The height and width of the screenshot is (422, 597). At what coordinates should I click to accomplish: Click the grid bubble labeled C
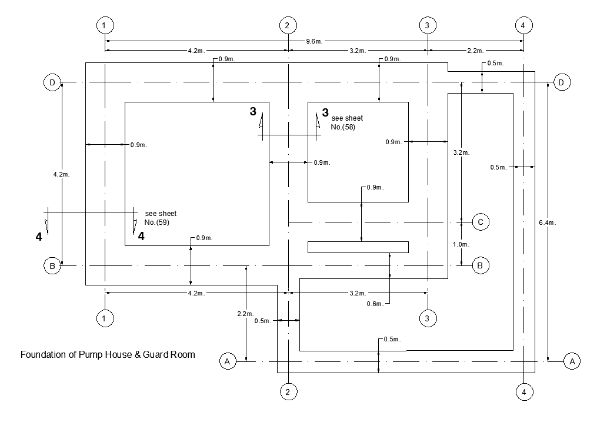(x=480, y=222)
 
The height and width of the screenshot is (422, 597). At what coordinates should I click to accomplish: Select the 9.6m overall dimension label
(x=314, y=41)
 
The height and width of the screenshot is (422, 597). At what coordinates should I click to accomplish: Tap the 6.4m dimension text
(x=546, y=222)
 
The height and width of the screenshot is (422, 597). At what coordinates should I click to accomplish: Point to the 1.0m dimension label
(x=461, y=244)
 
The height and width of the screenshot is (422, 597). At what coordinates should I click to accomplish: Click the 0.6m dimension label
(x=375, y=304)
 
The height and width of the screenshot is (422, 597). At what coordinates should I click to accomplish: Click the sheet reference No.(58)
(x=343, y=127)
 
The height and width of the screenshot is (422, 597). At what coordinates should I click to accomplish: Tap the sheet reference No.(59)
(x=156, y=222)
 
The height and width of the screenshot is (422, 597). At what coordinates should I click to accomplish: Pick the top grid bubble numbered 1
(x=104, y=25)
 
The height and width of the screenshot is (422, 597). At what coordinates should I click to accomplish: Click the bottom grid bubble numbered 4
(x=523, y=391)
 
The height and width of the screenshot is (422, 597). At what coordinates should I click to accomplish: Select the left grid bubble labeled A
(x=227, y=361)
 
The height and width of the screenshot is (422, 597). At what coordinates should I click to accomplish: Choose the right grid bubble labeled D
(x=561, y=82)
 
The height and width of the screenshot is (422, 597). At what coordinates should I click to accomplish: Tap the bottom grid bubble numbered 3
(x=427, y=318)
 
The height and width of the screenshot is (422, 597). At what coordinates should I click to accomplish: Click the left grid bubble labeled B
(x=52, y=266)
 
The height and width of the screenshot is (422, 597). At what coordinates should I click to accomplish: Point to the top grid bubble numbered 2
(x=287, y=25)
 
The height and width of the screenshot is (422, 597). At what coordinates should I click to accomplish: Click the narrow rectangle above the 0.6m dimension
(x=358, y=247)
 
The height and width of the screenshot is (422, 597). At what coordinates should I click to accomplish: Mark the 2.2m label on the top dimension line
(x=475, y=51)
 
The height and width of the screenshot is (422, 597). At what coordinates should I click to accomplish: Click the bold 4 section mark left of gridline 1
(x=39, y=237)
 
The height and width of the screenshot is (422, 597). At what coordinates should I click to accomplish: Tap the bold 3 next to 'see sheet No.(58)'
(x=325, y=112)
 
